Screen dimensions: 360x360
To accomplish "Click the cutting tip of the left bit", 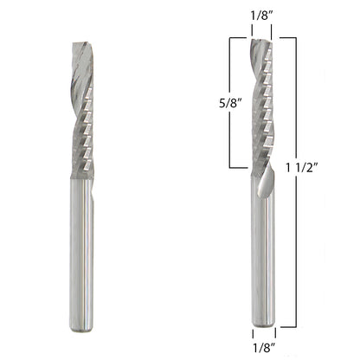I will (x=80, y=43).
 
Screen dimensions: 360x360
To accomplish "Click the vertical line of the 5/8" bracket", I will (x=229, y=102).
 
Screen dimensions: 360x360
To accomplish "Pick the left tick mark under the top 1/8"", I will (x=251, y=31).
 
